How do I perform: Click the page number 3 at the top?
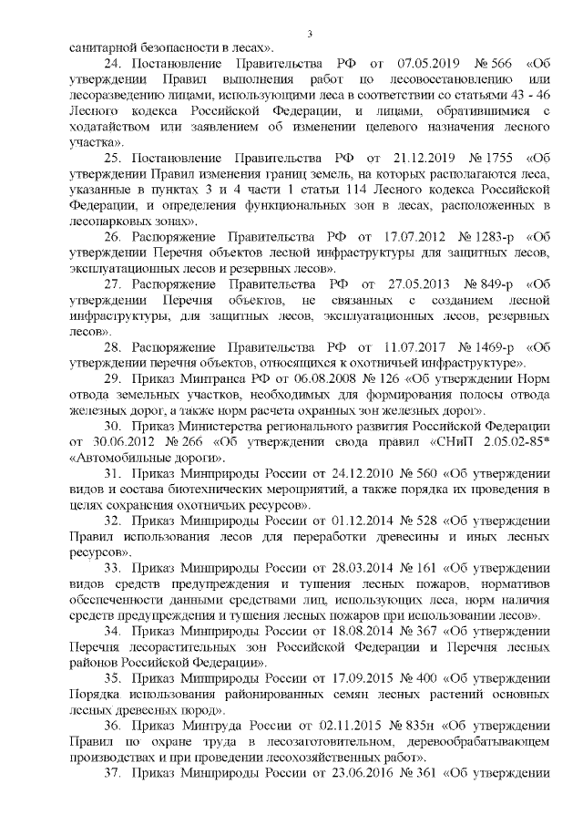[x=310, y=34]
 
